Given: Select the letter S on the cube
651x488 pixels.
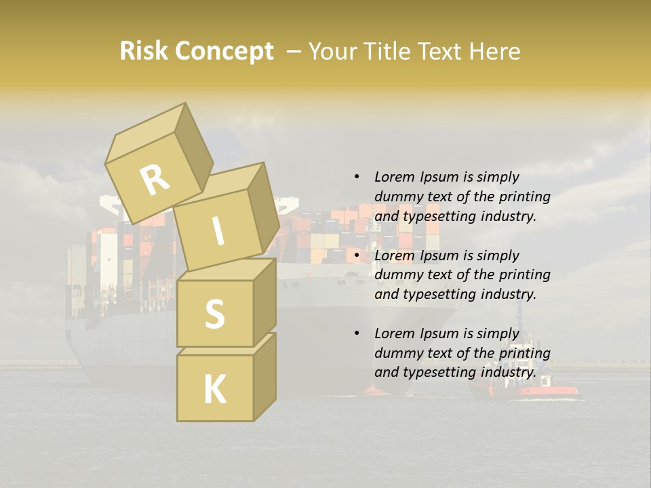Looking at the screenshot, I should click(x=214, y=314).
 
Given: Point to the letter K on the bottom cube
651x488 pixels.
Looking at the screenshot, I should click(x=214, y=390).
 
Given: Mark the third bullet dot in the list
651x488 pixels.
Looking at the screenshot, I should click(x=357, y=334).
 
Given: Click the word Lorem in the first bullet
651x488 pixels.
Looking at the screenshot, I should click(x=393, y=178).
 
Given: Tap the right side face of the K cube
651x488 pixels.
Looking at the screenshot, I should click(x=264, y=376).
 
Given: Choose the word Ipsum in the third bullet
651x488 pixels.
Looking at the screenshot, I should click(x=439, y=333).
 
